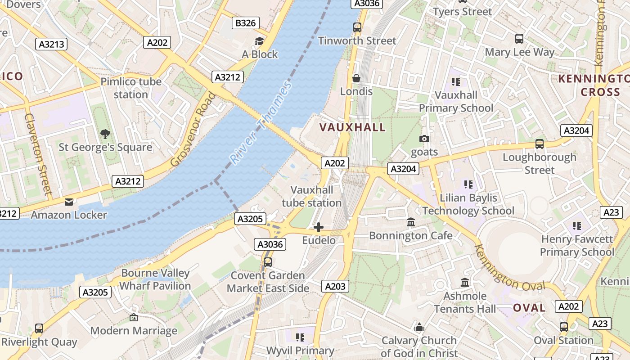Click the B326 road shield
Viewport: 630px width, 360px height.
pos(246,23)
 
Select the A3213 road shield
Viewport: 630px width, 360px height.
pos(52,44)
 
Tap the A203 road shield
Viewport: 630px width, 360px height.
pos(335,286)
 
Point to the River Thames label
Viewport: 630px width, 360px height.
pos(261,122)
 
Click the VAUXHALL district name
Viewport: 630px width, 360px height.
pos(352,127)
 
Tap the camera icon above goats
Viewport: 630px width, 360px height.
pos(424,139)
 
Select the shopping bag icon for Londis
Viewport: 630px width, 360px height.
pos(356,78)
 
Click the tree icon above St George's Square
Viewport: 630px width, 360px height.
pos(105,134)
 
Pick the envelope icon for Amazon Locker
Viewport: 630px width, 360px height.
pos(69,202)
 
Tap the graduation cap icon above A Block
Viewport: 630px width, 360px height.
pos(260,41)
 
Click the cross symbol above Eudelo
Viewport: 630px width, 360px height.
pos(319,227)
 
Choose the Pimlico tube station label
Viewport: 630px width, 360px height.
pos(131,88)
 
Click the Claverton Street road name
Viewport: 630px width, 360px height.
pos(38,153)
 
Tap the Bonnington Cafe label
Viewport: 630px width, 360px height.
pos(411,235)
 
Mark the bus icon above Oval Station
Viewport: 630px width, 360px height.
pos(563,327)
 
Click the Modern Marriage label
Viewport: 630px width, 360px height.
pos(134,331)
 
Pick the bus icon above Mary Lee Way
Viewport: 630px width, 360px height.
pos(519,39)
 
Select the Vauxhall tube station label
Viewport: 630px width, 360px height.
pos(312,196)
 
